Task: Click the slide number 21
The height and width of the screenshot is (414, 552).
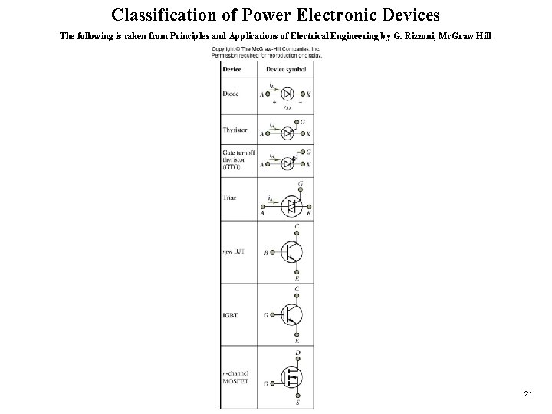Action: [x=528, y=393]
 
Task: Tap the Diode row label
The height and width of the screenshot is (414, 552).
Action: [x=230, y=94]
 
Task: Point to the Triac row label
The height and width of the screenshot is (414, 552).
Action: [x=230, y=198]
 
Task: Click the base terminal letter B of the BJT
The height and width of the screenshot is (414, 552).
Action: [x=266, y=252]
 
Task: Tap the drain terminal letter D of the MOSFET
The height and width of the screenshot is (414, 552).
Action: [x=297, y=353]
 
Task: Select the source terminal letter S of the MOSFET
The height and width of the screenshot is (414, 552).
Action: [x=297, y=403]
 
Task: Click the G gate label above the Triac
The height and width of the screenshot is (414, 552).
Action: [x=300, y=184]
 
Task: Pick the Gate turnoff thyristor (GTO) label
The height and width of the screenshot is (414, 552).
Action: [x=238, y=159]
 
